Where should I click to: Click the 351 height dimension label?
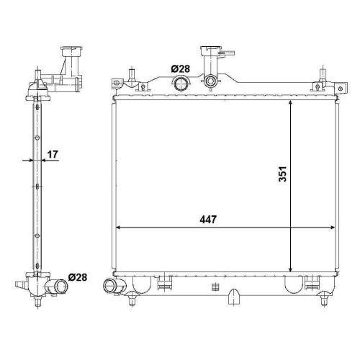coord(284,176)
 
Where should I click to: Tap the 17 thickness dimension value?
coord(53,153)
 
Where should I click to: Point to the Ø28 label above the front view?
coord(180,68)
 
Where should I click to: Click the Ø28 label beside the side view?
coord(78,277)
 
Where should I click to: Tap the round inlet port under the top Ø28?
coord(180,84)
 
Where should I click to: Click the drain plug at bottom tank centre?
coord(235,296)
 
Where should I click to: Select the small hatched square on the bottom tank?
coord(214,286)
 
